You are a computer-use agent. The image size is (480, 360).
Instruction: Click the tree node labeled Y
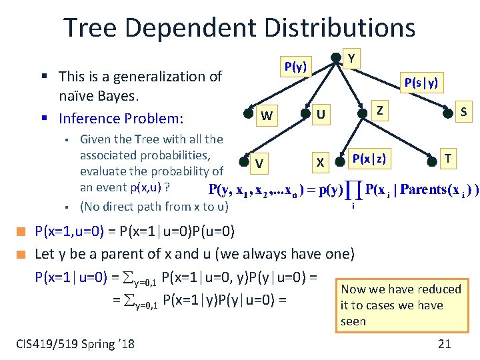tap(351, 59)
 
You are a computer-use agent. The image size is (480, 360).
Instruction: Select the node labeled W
tap(267, 116)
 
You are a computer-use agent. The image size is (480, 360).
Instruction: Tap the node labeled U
tap(321, 115)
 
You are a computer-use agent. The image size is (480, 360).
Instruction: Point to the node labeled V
tap(259, 162)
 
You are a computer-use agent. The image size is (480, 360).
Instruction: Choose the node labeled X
tap(320, 162)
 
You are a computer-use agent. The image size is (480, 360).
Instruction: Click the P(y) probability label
tap(295, 67)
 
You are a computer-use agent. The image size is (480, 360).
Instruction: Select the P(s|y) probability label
tap(421, 82)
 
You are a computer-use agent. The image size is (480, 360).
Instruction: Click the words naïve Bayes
tap(98, 97)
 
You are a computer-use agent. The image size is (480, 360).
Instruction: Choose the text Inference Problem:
tap(121, 119)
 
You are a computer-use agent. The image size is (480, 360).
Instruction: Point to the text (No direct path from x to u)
tap(154, 206)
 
